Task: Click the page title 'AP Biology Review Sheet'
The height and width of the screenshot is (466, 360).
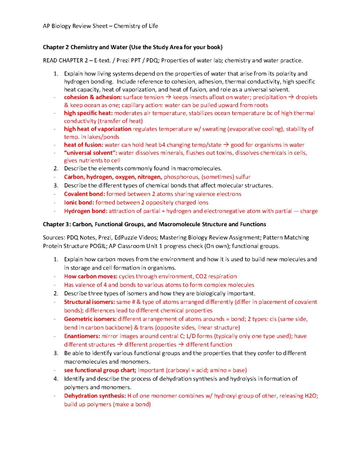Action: [75, 26]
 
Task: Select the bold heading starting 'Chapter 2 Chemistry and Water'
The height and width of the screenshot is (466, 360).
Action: [132, 47]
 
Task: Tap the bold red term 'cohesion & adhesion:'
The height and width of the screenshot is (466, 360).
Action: [93, 97]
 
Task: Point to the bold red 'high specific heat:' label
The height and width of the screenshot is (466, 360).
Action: [88, 113]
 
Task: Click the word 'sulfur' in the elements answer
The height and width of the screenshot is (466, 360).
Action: [243, 177]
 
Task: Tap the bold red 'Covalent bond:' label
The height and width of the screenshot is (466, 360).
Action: [84, 194]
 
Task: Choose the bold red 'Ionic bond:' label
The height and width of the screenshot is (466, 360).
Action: [79, 202]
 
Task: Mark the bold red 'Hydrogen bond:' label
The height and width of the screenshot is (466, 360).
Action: [86, 211]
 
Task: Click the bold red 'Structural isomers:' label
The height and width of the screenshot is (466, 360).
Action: [89, 302]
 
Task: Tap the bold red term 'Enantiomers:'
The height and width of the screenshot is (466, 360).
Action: [82, 336]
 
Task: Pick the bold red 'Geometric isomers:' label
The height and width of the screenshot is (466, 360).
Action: [90, 319]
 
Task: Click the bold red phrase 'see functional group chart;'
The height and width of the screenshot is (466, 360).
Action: [100, 370]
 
